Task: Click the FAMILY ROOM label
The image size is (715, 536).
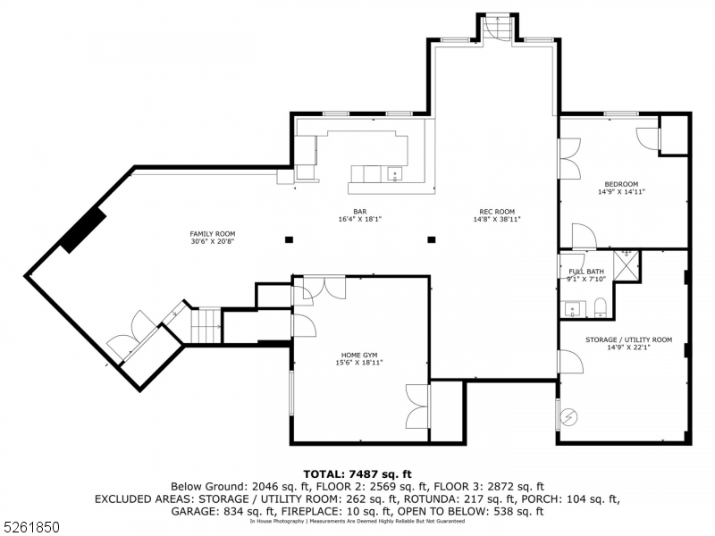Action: tap(213, 237)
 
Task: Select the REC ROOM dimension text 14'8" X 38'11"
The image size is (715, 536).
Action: tap(496, 219)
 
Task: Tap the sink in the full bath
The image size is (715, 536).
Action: tap(572, 309)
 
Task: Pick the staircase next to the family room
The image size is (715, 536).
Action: tap(206, 325)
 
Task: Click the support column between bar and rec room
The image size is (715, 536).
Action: tap(432, 239)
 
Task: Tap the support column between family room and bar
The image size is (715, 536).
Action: tap(289, 239)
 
